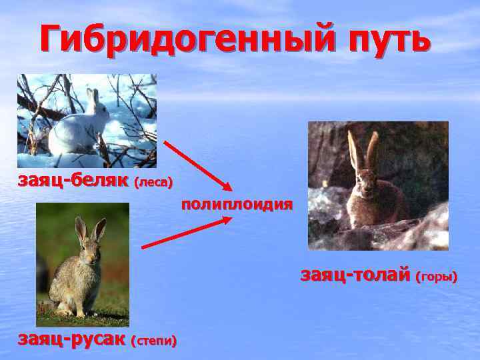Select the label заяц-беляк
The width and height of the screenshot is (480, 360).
[x=73, y=181]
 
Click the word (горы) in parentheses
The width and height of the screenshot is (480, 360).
[x=437, y=276]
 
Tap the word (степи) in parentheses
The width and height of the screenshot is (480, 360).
[x=155, y=341]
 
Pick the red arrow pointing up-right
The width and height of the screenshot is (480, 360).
[x=187, y=233]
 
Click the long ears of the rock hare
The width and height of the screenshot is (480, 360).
[x=363, y=150]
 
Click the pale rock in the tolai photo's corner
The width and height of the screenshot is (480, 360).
[x=430, y=230]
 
